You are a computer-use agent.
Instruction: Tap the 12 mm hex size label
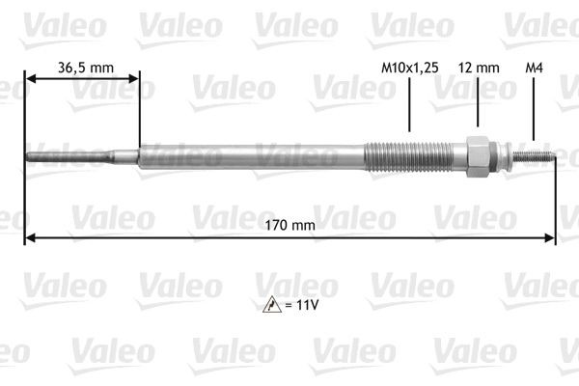click(x=479, y=68)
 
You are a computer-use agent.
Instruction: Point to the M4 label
click(x=533, y=68)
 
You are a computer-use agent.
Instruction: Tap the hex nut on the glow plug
click(x=477, y=155)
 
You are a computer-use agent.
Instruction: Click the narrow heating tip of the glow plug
click(x=58, y=154)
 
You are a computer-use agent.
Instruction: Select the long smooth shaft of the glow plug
click(x=251, y=155)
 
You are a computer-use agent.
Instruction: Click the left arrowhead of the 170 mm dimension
click(x=29, y=237)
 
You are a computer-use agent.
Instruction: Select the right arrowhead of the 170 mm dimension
click(x=552, y=237)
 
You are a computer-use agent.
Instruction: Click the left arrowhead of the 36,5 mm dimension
click(x=29, y=81)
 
